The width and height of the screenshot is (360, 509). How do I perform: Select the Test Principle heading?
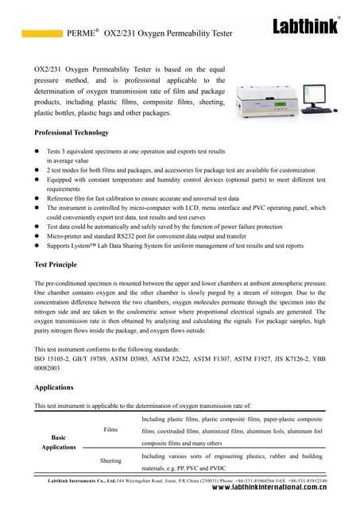pyautogui.click(x=56, y=263)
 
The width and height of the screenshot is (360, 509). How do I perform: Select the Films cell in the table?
pyautogui.click(x=110, y=430)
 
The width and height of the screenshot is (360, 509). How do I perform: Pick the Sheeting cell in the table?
pyautogui.click(x=110, y=461)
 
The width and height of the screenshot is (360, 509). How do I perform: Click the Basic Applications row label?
pyautogui.click(x=60, y=443)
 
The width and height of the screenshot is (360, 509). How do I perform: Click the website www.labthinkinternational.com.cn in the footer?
pyautogui.click(x=272, y=492)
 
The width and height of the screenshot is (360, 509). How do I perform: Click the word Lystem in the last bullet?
pyautogui.click(x=83, y=247)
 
